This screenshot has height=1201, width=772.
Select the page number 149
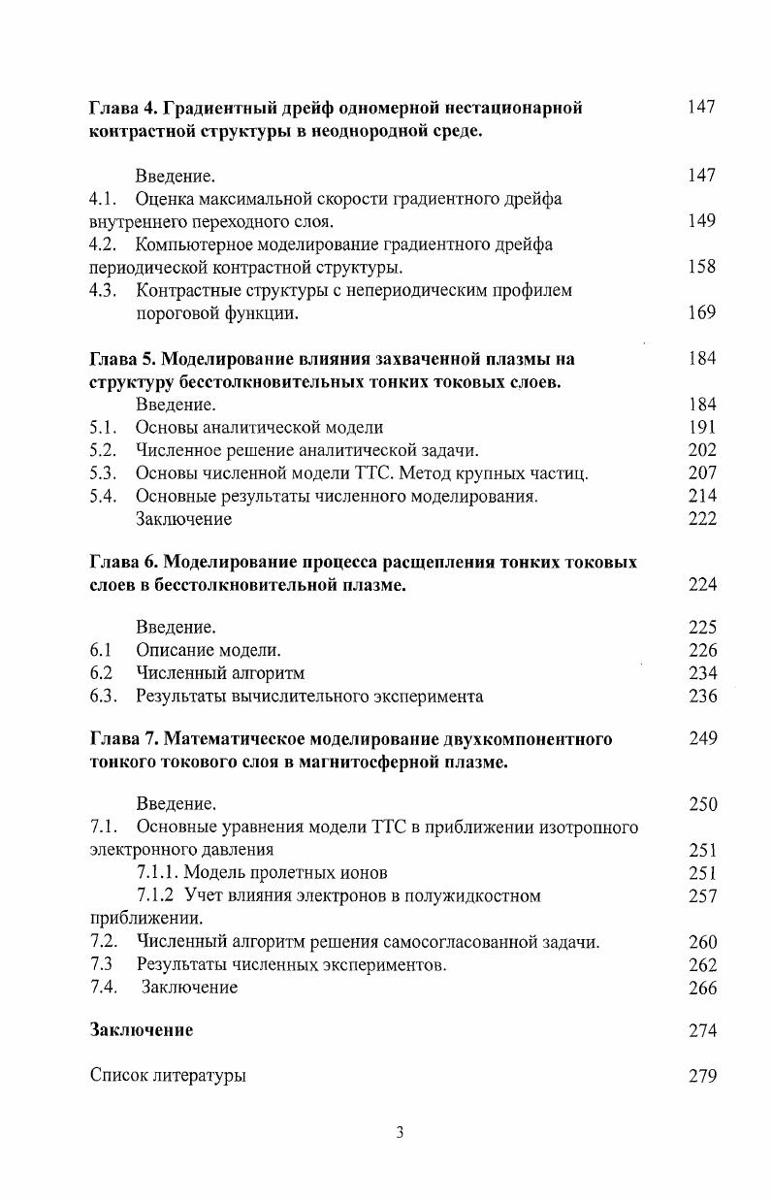(701, 221)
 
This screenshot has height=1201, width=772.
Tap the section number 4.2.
(103, 244)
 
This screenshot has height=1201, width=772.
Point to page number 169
(701, 312)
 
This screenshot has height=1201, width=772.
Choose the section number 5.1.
(103, 427)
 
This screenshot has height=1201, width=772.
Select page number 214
(701, 496)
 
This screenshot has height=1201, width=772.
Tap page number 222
(701, 519)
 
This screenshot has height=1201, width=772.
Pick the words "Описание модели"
(207, 650)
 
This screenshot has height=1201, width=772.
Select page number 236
(701, 697)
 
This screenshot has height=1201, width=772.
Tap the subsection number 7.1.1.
(158, 873)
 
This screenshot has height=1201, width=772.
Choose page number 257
(701, 896)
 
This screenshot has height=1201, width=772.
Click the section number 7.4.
(103, 988)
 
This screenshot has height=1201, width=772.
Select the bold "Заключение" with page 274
(141, 1030)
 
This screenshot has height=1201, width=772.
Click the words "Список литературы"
(167, 1076)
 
